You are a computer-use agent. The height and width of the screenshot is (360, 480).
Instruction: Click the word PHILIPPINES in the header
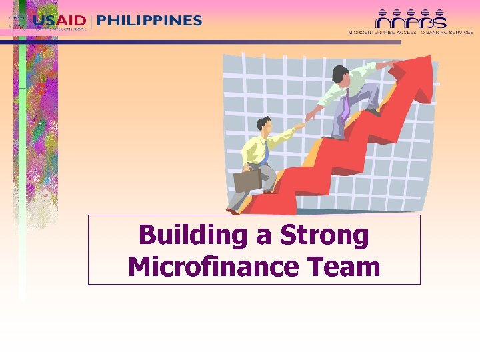click(x=149, y=20)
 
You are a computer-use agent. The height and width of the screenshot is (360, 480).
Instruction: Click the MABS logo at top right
click(x=411, y=19)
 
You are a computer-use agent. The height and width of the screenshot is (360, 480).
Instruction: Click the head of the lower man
click(x=263, y=124)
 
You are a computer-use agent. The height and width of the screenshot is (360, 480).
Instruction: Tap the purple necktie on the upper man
click(x=346, y=105)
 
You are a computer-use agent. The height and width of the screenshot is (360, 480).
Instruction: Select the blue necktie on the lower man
click(x=265, y=152)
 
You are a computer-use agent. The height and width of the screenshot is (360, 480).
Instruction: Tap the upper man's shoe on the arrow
click(x=373, y=111)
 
